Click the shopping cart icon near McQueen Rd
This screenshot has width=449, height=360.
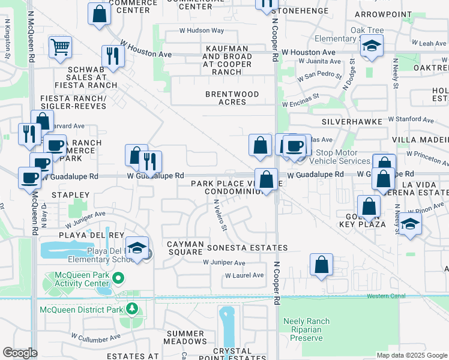coord(60,47)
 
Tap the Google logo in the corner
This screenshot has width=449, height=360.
coord(20,353)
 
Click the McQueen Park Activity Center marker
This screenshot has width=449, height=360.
coord(118,278)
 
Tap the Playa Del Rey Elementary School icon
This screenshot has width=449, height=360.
coord(137,250)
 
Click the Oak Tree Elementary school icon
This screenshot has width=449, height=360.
coord(372,47)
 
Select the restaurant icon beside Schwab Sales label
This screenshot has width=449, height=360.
coord(112,56)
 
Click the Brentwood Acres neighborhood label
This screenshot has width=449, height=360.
coord(232,98)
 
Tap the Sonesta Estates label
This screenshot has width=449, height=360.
coord(247,248)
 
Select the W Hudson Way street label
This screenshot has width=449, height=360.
coord(201,30)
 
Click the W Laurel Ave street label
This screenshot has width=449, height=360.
coord(244,275)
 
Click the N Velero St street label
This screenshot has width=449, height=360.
coord(220,215)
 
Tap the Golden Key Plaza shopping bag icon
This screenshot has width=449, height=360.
coord(369,206)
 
